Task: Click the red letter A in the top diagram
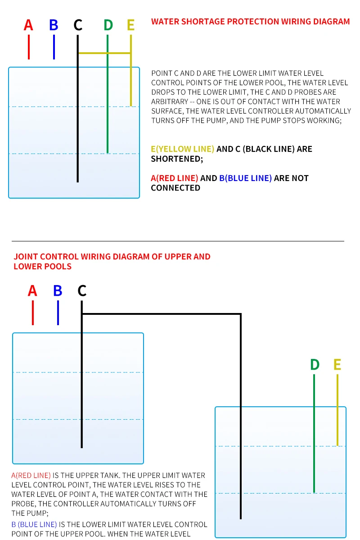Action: click(28, 25)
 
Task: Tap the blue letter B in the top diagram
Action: click(54, 25)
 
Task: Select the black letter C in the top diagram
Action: click(78, 25)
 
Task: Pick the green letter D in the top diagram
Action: click(108, 25)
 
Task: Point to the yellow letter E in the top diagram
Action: click(130, 25)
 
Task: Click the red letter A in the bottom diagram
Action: click(32, 291)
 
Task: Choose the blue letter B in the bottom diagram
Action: click(58, 291)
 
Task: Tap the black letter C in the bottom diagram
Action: click(81, 291)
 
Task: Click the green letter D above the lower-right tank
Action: click(315, 365)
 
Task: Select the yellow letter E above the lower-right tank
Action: click(337, 365)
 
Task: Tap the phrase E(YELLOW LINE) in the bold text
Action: click(183, 149)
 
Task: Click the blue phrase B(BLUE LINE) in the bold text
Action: click(245, 178)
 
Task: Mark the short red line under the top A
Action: click(29, 47)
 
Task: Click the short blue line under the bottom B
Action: click(58, 313)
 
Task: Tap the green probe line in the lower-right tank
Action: click(314, 432)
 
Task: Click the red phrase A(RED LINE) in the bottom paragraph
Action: click(31, 476)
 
